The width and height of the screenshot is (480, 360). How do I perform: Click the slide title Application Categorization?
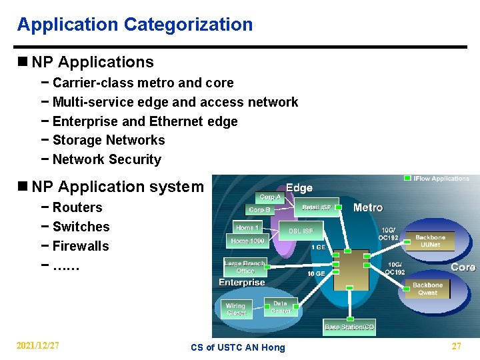pyautogui.click(x=135, y=25)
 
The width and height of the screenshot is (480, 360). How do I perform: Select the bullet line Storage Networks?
pyautogui.click(x=108, y=140)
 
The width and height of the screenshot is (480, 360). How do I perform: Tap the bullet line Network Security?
pyautogui.click(x=107, y=159)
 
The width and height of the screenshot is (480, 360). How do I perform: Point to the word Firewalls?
pyautogui.click(x=80, y=246)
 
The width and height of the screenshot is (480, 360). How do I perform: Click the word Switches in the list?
pyautogui.click(x=81, y=227)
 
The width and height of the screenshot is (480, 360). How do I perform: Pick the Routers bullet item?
pyautogui.click(x=77, y=207)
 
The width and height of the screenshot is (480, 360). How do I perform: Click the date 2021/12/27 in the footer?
pyautogui.click(x=38, y=346)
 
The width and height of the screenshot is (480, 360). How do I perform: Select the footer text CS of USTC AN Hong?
pyautogui.click(x=237, y=347)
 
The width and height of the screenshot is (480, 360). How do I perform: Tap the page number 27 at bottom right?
pyautogui.click(x=456, y=346)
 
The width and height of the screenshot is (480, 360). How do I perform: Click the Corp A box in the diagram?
pyautogui.click(x=270, y=197)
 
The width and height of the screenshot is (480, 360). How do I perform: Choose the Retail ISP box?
pyautogui.click(x=316, y=207)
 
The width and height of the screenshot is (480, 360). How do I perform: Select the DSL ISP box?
pyautogui.click(x=301, y=231)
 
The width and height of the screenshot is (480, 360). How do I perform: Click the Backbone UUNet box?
pyautogui.click(x=430, y=241)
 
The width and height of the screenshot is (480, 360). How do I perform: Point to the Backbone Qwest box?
pyautogui.click(x=427, y=289)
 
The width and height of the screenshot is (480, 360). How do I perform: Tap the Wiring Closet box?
pyautogui.click(x=236, y=310)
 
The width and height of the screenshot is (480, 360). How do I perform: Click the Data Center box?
pyautogui.click(x=280, y=307)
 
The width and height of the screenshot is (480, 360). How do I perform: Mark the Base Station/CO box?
pyautogui.click(x=349, y=327)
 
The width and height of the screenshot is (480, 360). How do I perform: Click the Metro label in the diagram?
pyautogui.click(x=368, y=207)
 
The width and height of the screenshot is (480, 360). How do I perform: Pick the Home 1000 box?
pyautogui.click(x=247, y=241)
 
